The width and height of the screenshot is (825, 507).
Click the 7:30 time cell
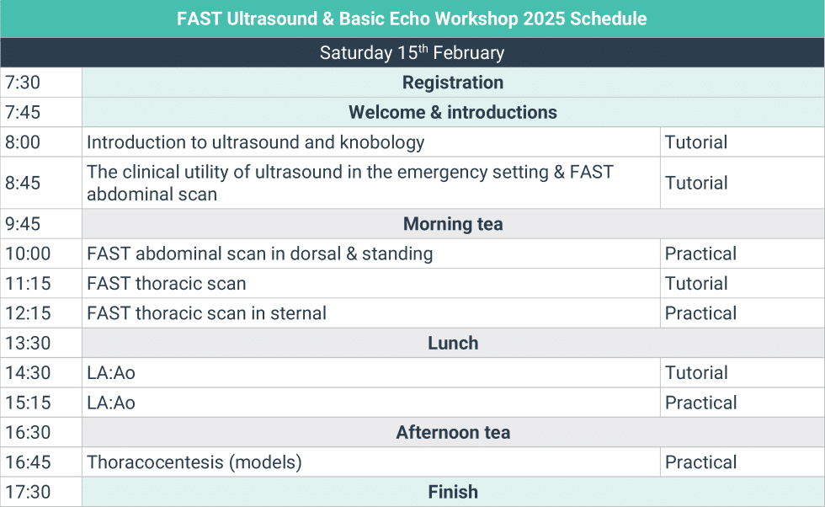click(x=23, y=83)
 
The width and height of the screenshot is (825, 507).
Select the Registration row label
click(x=453, y=83)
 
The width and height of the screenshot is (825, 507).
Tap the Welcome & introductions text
click(x=453, y=112)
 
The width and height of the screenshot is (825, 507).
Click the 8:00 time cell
click(x=23, y=142)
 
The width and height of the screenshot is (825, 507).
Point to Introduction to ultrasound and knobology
click(x=255, y=142)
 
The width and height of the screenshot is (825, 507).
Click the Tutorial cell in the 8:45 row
click(x=696, y=183)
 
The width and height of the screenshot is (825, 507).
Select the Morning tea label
click(x=453, y=224)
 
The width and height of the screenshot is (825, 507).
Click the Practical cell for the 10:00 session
click(x=700, y=253)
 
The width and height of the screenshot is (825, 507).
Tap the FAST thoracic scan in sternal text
click(x=206, y=313)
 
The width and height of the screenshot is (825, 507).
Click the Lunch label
click(x=453, y=344)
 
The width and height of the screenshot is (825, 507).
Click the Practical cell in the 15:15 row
click(x=700, y=403)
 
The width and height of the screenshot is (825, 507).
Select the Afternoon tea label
click(x=453, y=433)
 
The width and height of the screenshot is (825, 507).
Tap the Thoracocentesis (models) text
click(x=194, y=462)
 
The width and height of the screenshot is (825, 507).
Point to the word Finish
click(x=453, y=492)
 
